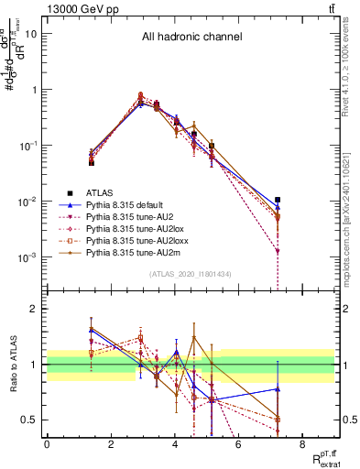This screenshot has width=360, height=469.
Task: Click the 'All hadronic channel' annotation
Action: tap(191, 38)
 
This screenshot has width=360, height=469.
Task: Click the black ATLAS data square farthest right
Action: tap(278, 200)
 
